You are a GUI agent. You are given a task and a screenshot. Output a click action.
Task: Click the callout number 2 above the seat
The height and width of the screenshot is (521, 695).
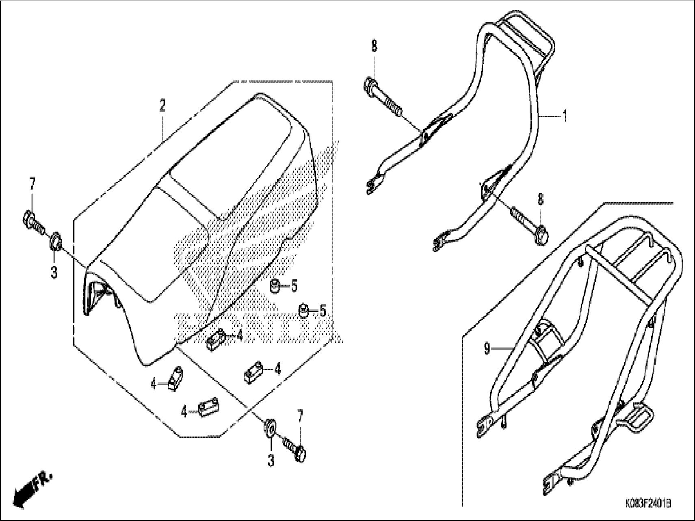pyautogui.click(x=162, y=106)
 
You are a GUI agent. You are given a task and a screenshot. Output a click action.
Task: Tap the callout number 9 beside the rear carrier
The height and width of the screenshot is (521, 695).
pyautogui.click(x=487, y=348)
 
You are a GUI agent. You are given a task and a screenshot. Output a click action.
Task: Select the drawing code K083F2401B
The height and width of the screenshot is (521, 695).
pyautogui.click(x=647, y=504)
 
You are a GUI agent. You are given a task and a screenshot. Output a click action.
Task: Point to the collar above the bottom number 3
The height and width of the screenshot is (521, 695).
pyautogui.click(x=269, y=428)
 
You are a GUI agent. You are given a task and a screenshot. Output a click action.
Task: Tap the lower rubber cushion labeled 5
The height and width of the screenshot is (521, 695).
pyautogui.click(x=304, y=311)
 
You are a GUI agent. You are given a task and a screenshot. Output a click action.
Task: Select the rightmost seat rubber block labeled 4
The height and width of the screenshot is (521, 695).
pyautogui.click(x=253, y=371)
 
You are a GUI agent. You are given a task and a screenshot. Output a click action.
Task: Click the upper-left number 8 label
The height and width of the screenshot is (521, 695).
pyautogui.click(x=374, y=46)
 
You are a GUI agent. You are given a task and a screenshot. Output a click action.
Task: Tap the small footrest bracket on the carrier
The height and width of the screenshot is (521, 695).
pyautogui.click(x=640, y=417)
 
